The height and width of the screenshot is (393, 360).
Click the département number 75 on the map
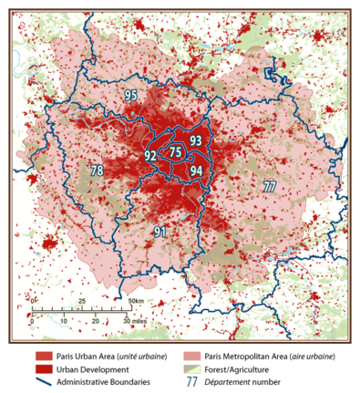176,154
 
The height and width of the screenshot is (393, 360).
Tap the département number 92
150,156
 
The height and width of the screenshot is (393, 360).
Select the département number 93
195,140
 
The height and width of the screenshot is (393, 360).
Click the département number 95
131,96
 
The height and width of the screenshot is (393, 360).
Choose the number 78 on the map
97,171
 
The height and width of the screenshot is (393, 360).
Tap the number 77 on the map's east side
269,186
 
